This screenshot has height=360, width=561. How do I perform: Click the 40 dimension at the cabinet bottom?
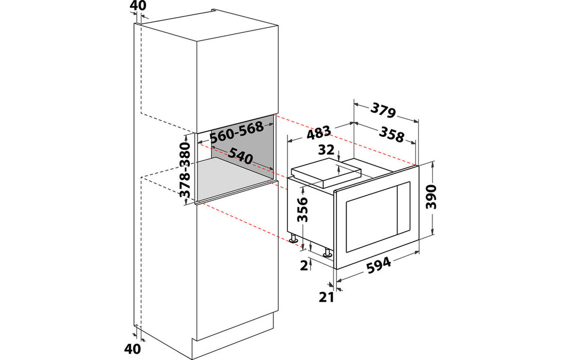132,349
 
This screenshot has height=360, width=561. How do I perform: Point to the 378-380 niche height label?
185,170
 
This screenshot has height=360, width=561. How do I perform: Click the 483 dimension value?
319,134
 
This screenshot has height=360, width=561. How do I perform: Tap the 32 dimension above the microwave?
327,150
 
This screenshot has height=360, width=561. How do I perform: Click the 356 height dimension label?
303,210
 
